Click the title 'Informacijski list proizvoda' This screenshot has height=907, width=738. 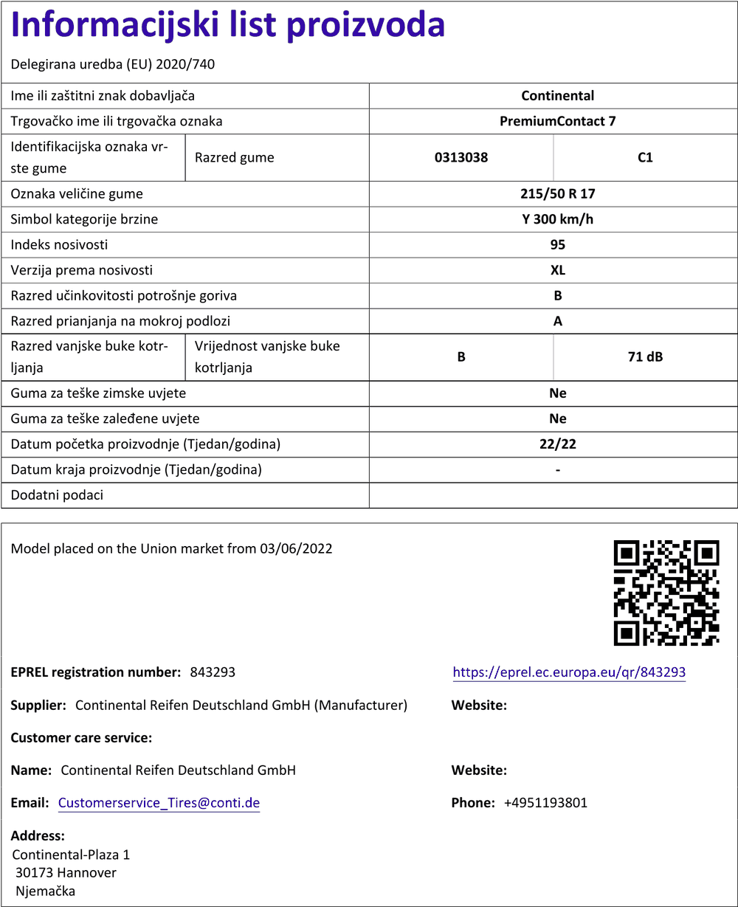[x=228, y=25]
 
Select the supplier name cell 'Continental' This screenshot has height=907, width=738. [x=557, y=96]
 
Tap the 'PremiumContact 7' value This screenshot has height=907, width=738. [x=557, y=121]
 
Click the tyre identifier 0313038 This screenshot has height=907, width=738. [x=461, y=157]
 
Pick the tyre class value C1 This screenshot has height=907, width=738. [x=645, y=157]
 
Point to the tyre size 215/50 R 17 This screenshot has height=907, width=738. [x=557, y=194]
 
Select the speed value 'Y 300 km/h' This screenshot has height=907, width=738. [x=557, y=219]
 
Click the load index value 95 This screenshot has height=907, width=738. [x=557, y=245]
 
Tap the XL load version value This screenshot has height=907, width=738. [x=557, y=270]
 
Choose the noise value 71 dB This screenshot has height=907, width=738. [x=645, y=357]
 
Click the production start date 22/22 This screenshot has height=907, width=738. [x=557, y=444]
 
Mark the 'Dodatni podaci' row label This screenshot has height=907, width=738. [x=57, y=495]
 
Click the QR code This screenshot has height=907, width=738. [x=666, y=593]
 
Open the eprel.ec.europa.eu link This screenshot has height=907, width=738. [x=569, y=672]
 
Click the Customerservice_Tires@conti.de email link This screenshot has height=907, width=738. [x=159, y=803]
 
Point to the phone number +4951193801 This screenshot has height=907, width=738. [x=545, y=803]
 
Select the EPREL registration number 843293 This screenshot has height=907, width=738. [x=213, y=672]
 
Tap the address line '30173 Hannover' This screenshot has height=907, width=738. [x=66, y=873]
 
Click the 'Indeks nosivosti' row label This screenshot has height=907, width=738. [x=59, y=245]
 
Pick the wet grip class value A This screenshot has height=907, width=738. [x=557, y=321]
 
